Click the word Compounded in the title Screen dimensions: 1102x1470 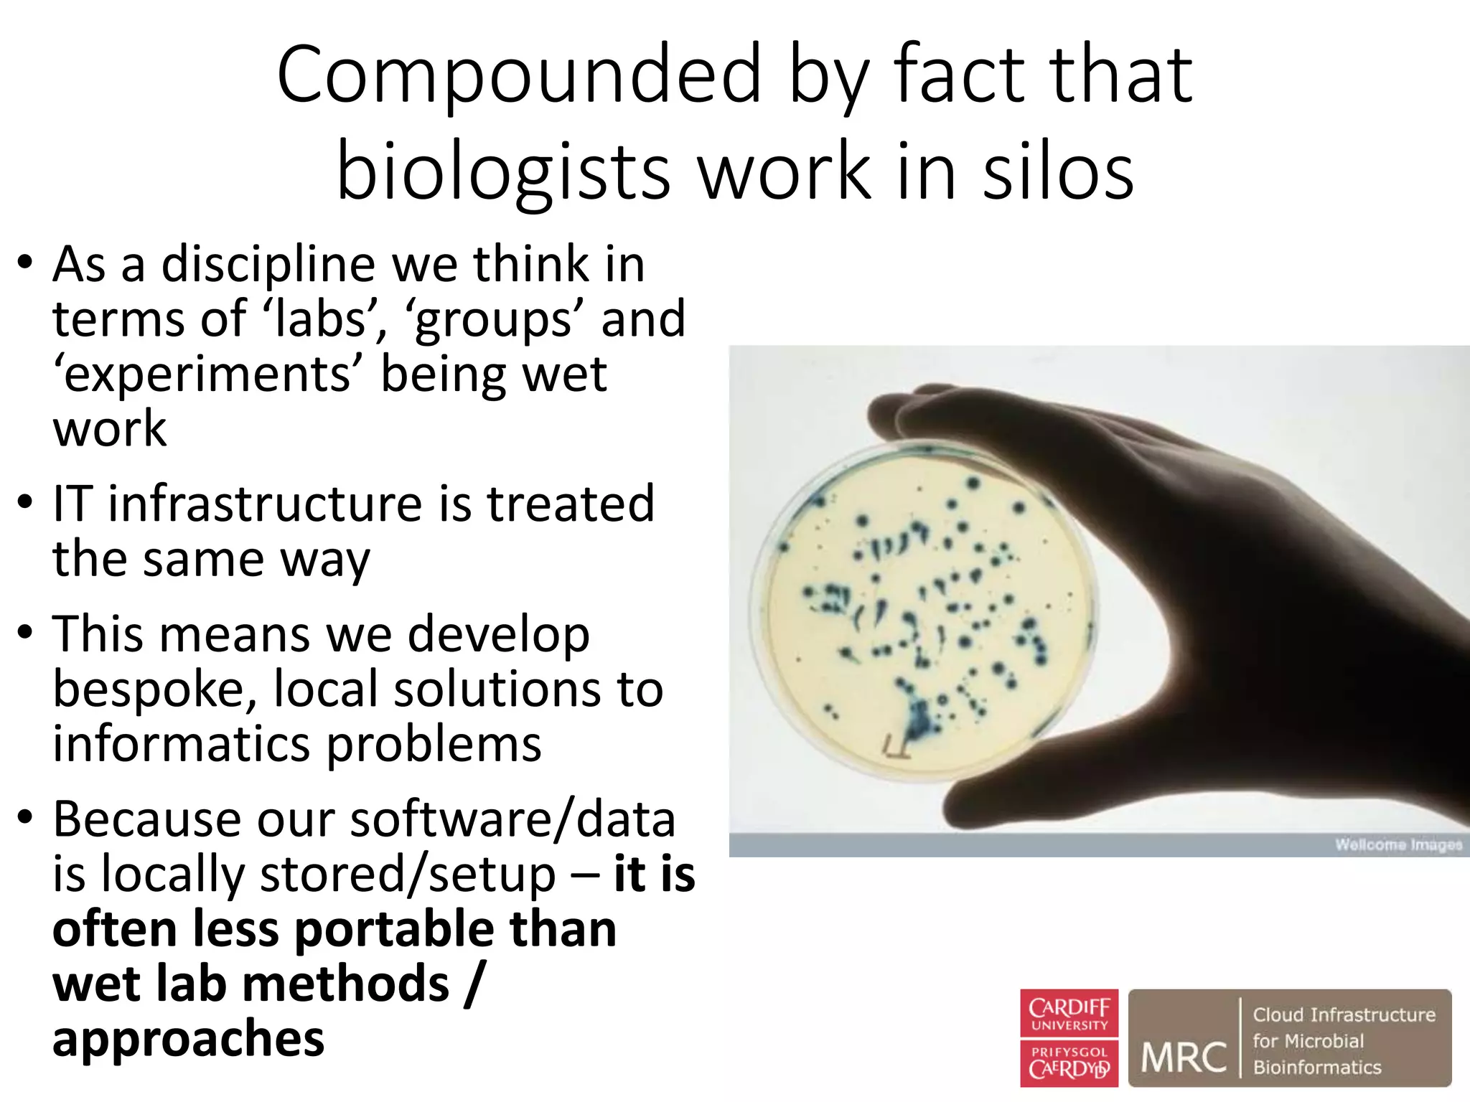pyautogui.click(x=518, y=75)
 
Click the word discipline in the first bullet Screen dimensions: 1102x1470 pyautogui.click(x=268, y=265)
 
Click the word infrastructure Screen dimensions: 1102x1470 pyautogui.click(x=265, y=504)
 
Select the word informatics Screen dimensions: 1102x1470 pyautogui.click(x=182, y=744)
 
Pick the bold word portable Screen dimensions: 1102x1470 pyautogui.click(x=394, y=929)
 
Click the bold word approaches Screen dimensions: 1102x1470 pyautogui.click(x=188, y=1038)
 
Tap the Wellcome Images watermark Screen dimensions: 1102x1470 pyautogui.click(x=1398, y=844)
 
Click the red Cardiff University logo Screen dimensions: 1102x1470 pyautogui.click(x=1069, y=1037)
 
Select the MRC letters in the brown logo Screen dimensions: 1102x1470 pyautogui.click(x=1184, y=1058)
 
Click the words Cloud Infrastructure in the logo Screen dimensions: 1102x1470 pyautogui.click(x=1344, y=1014)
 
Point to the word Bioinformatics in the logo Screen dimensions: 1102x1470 pyautogui.click(x=1317, y=1068)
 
